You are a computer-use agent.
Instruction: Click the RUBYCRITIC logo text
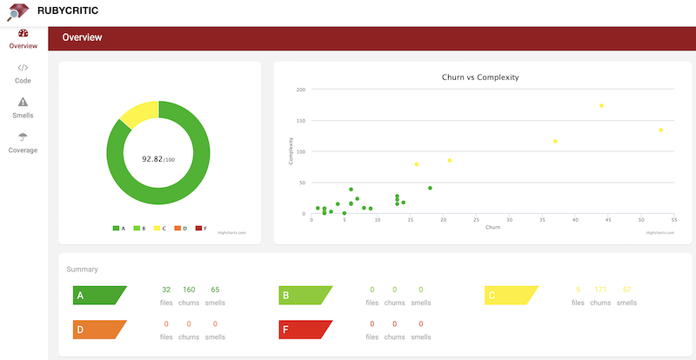(x=72, y=11)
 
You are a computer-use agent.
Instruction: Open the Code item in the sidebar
(x=23, y=73)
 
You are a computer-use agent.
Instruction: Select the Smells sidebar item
(x=23, y=108)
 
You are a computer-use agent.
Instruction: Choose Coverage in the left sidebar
(x=23, y=143)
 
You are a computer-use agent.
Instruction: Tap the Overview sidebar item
(x=23, y=39)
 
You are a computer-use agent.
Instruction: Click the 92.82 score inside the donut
(x=155, y=159)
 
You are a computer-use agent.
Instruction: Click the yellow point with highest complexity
(x=601, y=106)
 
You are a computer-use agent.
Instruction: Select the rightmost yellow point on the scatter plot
(x=660, y=130)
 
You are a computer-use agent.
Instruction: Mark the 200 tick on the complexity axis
(x=300, y=90)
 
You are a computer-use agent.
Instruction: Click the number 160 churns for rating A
(x=189, y=290)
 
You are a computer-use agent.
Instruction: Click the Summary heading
(x=82, y=270)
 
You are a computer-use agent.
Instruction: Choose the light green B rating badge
(x=305, y=296)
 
